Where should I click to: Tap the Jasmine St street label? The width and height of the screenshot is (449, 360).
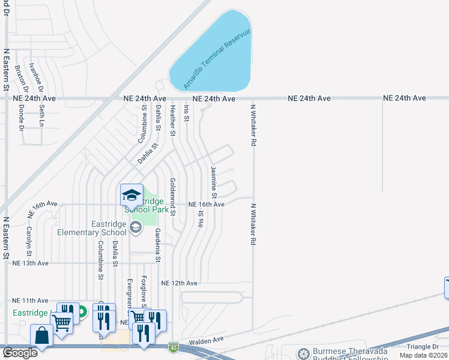212,180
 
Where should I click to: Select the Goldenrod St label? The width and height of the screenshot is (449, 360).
172,197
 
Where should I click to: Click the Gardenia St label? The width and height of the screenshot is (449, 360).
158,245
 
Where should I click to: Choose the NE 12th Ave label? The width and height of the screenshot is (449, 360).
179,283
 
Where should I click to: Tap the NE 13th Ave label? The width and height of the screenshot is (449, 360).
30,263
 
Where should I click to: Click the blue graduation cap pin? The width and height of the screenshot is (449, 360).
131,194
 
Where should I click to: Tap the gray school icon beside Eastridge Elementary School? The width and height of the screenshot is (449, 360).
136,226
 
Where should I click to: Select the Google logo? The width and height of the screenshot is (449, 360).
20,352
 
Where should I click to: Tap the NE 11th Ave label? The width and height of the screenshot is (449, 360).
30,300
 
